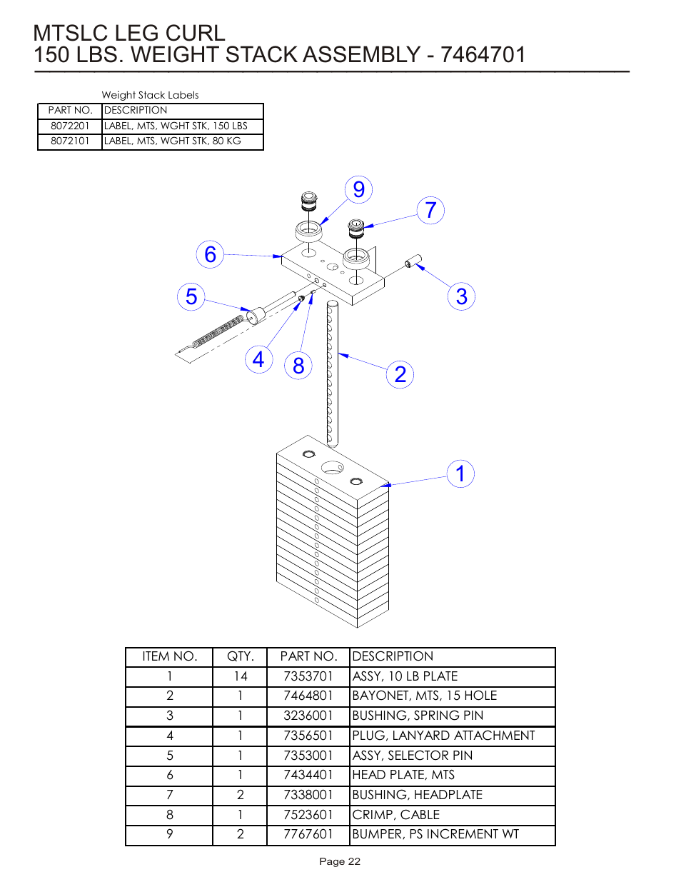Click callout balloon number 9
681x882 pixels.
tap(359, 189)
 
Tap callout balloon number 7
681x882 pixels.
tap(430, 210)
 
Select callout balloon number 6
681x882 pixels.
tap(210, 254)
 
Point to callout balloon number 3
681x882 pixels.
tap(461, 296)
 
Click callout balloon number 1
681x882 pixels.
tap(460, 473)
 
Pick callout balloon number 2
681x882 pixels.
tap(400, 374)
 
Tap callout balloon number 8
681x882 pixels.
tap(298, 366)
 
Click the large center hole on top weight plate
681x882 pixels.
tap(333, 468)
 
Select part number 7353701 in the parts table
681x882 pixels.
tap(308, 676)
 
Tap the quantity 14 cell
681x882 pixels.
tap(240, 676)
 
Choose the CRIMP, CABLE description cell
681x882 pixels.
tap(396, 815)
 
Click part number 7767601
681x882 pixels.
tap(308, 834)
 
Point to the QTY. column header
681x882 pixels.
tap(240, 656)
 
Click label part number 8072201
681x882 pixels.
tap(70, 126)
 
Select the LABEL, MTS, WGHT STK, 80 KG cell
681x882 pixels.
tap(173, 141)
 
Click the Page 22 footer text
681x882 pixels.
tap(340, 861)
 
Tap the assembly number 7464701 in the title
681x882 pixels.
tap(483, 55)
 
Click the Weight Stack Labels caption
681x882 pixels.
tap(150, 95)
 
